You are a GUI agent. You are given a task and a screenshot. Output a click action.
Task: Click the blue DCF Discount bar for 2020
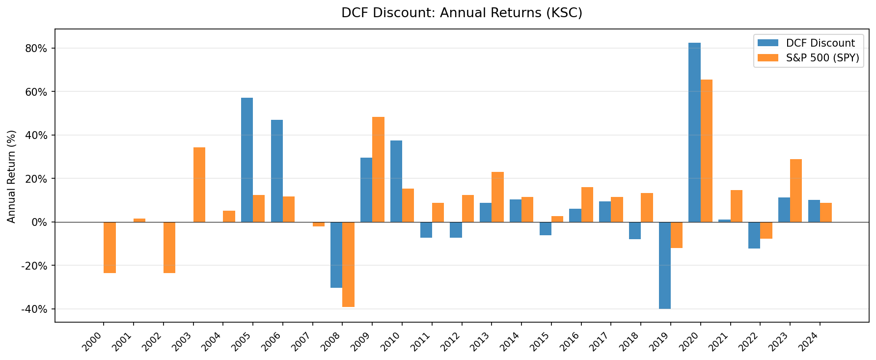pos(694,133)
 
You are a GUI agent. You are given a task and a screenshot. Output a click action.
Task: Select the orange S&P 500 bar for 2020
pos(706,151)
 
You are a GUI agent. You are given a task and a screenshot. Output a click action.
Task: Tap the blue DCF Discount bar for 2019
pos(664,265)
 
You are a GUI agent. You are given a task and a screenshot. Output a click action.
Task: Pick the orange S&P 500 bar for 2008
pos(348,264)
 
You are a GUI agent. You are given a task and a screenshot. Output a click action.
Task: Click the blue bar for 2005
pos(247,160)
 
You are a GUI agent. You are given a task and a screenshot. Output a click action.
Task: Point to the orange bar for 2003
pos(199,185)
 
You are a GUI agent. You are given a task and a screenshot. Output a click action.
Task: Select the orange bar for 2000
pos(109,248)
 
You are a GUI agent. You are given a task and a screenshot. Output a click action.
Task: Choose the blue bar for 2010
pos(396,181)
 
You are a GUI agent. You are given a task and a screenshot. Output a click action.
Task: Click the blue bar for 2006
pos(277,171)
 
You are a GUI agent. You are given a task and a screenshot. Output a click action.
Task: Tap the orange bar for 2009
pos(378,169)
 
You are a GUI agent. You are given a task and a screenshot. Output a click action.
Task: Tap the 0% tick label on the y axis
pos(40,222)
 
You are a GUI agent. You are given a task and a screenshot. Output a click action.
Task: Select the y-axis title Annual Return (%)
pos(12,176)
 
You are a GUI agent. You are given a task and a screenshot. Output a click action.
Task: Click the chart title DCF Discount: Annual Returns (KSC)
pos(462,13)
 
